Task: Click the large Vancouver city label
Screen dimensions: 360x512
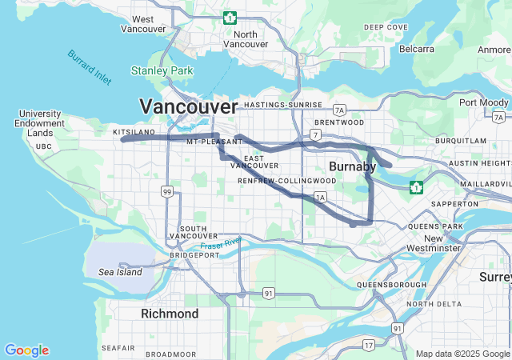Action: click(x=188, y=106)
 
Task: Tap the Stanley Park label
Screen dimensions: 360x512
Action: click(x=162, y=71)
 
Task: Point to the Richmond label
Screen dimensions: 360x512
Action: click(x=170, y=314)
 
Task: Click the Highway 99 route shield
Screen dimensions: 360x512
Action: click(x=166, y=191)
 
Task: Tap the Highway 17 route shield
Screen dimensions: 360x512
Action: click(x=368, y=345)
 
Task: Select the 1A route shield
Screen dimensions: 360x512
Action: click(x=321, y=196)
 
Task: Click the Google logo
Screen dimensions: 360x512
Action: click(x=26, y=350)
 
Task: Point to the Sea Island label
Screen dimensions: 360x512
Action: click(x=120, y=272)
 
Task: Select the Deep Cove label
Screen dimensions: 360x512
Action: click(x=386, y=27)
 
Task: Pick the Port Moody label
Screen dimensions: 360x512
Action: click(x=483, y=102)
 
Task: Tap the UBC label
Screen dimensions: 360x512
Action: click(x=44, y=146)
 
